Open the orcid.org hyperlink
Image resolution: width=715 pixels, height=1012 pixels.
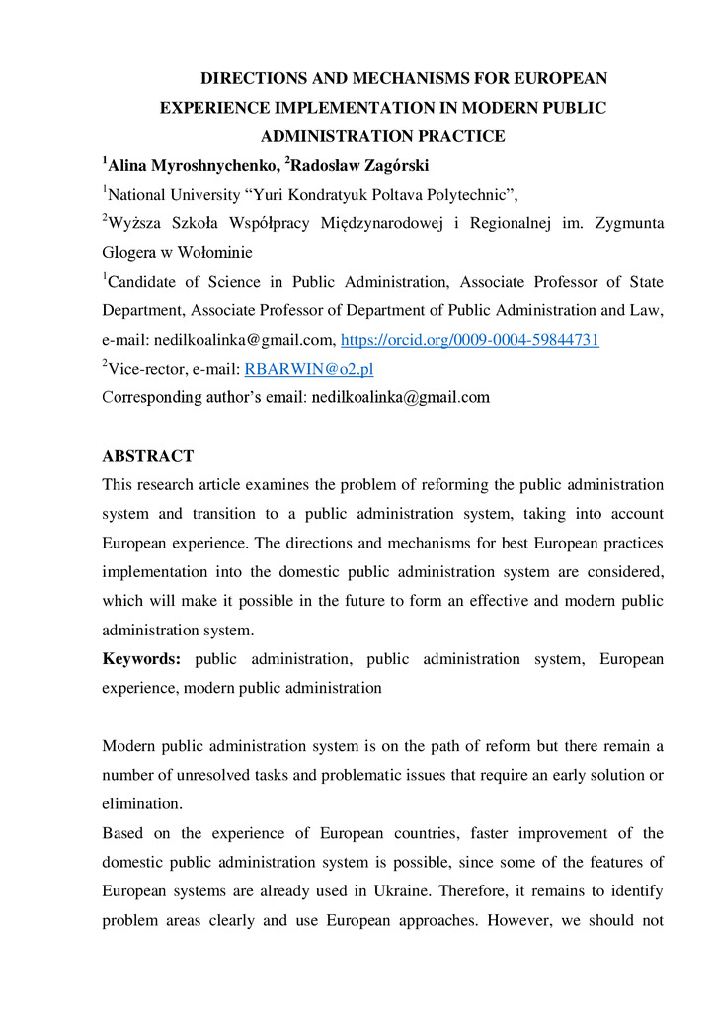coord(470,340)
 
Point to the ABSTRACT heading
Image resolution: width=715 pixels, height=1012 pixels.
coord(148,456)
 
